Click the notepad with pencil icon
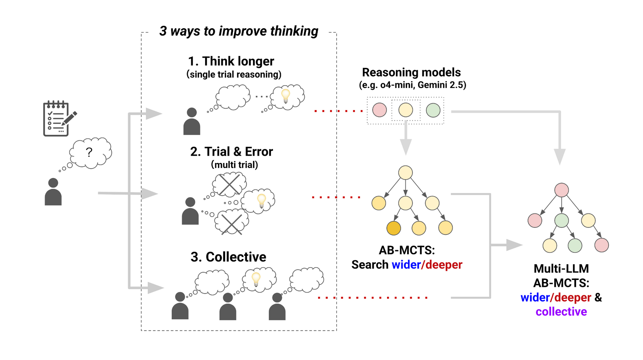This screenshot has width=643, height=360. tap(58, 118)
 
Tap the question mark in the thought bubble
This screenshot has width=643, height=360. tap(89, 152)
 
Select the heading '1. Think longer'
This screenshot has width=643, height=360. tap(231, 61)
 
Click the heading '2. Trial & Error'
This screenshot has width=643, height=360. tap(231, 152)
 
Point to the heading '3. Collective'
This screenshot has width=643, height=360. tap(228, 257)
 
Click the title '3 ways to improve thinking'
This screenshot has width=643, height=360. tap(239, 31)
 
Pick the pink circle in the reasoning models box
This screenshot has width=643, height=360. tap(379, 110)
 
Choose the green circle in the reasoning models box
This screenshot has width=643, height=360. tap(433, 110)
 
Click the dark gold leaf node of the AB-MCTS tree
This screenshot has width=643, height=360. tap(393, 228)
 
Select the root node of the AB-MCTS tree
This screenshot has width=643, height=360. tap(405, 173)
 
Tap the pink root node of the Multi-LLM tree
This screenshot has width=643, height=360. tap(561, 190)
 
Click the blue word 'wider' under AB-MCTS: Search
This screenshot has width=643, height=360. tap(406, 265)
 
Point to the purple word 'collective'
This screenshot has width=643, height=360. tap(561, 312)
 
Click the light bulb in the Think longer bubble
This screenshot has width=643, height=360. tap(286, 95)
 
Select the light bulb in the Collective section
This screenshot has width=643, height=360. tap(256, 279)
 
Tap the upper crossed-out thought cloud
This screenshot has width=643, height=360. tap(229, 184)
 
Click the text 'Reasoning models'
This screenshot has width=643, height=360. tap(411, 72)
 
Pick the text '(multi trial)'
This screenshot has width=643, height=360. tap(234, 165)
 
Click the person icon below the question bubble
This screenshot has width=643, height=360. tap(53, 192)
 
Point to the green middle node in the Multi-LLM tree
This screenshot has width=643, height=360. tap(561, 221)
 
